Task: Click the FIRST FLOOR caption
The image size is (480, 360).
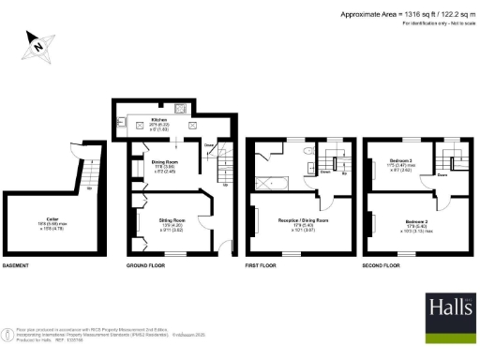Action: [260, 266]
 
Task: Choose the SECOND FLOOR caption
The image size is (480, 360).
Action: [382, 266]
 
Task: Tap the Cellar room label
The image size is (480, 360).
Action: [44, 222]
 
